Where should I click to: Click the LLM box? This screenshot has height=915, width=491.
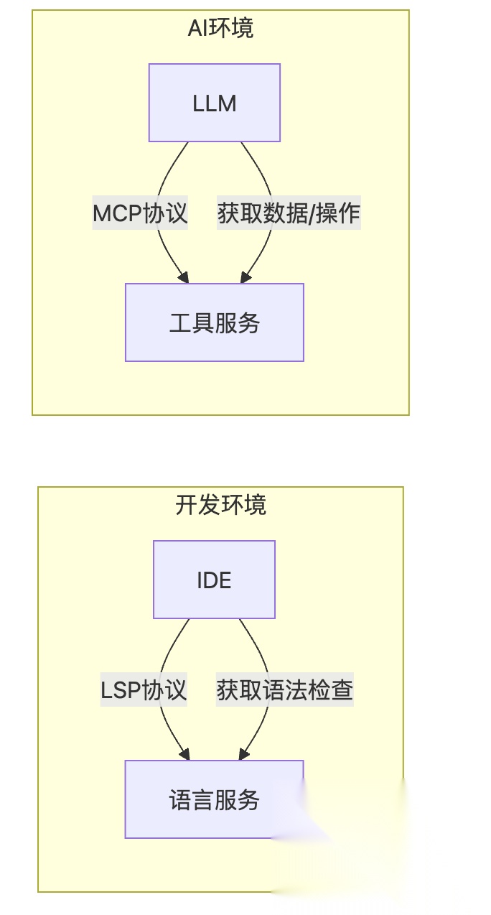click(x=214, y=103)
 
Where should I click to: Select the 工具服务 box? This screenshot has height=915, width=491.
click(x=214, y=322)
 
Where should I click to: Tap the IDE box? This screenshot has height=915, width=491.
click(x=214, y=580)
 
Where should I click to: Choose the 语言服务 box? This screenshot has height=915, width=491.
click(x=214, y=799)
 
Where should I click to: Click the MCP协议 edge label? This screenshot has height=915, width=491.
click(x=140, y=213)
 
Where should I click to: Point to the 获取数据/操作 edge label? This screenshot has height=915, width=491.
click(x=289, y=213)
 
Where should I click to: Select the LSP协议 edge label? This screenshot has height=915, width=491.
click(x=144, y=690)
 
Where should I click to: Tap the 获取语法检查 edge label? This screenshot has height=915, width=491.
click(x=285, y=690)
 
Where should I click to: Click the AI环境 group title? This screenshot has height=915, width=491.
click(x=220, y=29)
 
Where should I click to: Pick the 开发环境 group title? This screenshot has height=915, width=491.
click(x=220, y=505)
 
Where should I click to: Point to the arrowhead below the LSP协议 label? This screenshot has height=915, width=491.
click(x=184, y=755)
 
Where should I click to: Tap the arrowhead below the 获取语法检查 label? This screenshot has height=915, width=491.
click(x=243, y=755)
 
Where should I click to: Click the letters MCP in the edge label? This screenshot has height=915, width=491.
click(x=118, y=213)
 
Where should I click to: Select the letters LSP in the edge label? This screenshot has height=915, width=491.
click(x=121, y=690)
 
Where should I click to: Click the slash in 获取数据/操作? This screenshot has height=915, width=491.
click(x=312, y=213)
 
